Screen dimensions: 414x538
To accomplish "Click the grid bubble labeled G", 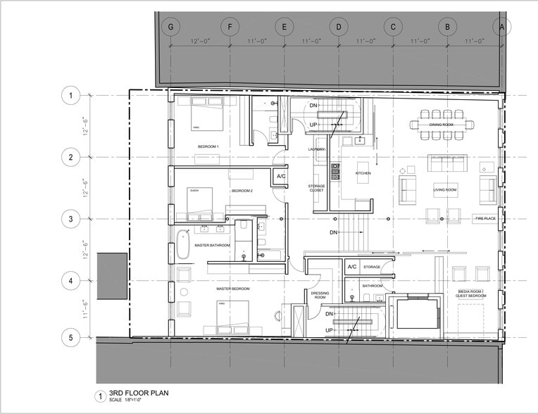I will click(x=170, y=27).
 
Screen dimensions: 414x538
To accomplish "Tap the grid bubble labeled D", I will click(x=339, y=27).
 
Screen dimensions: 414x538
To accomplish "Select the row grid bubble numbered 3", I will click(x=70, y=219).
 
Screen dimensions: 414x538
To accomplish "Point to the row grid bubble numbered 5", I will click(x=70, y=337).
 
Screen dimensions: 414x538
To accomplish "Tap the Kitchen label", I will click(x=363, y=172).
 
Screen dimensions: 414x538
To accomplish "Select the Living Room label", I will click(x=445, y=189).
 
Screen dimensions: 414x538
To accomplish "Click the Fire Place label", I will click(x=485, y=219).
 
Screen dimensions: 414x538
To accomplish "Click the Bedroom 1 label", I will click(x=208, y=146).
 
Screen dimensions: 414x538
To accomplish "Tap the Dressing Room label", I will click(x=320, y=295).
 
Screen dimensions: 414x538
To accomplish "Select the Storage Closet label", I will click(x=317, y=189).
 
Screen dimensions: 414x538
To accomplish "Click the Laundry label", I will click(x=316, y=149).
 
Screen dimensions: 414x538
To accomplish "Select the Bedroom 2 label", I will click(x=242, y=191).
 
